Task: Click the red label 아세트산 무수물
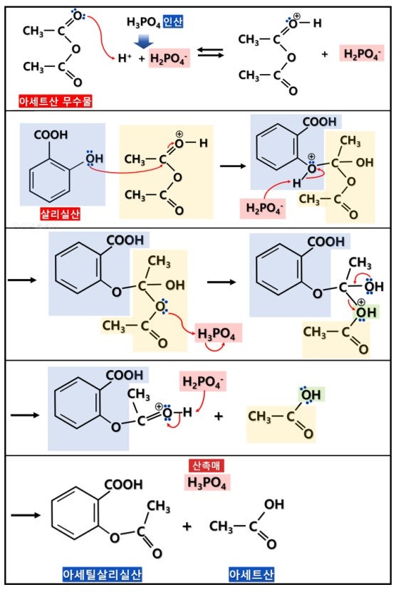pyautogui.click(x=56, y=101)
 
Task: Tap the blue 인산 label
pyautogui.click(x=174, y=21)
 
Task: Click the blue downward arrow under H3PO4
pyautogui.click(x=144, y=41)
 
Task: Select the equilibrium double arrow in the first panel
pyautogui.click(x=211, y=53)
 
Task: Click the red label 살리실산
pyautogui.click(x=61, y=214)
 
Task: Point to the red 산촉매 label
pyautogui.click(x=206, y=465)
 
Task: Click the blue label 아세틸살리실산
pyautogui.click(x=102, y=575)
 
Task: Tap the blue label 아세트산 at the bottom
pyautogui.click(x=251, y=575)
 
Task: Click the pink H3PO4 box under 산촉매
pyautogui.click(x=207, y=482)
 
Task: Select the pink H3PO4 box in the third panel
pyautogui.click(x=218, y=334)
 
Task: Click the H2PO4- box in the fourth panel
pyautogui.click(x=203, y=381)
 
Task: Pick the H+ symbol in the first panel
pyautogui.click(x=125, y=58)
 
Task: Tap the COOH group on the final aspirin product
pyautogui.click(x=123, y=485)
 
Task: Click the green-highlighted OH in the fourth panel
pyautogui.click(x=311, y=395)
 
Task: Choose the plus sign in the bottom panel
pyautogui.click(x=187, y=527)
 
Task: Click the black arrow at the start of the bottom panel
pyautogui.click(x=26, y=515)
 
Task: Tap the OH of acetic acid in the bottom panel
pyautogui.click(x=274, y=504)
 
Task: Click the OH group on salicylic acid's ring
pyautogui.click(x=95, y=158)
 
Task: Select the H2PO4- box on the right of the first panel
pyautogui.click(x=362, y=54)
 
